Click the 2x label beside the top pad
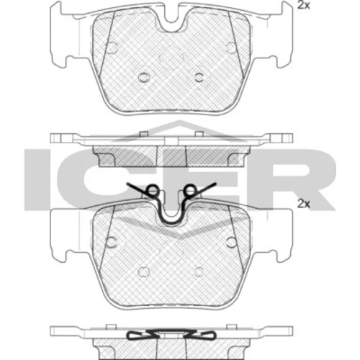[x=304, y=5]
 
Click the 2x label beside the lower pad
[x=304, y=204]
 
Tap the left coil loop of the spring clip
[x=153, y=191]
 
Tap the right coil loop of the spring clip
[x=190, y=191]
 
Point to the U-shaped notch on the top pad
[x=171, y=26]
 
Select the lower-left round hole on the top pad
[x=144, y=77]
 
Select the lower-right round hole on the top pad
[x=199, y=77]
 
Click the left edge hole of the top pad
[x=112, y=48]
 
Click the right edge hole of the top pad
[x=231, y=48]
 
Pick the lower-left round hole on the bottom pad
[x=144, y=271]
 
